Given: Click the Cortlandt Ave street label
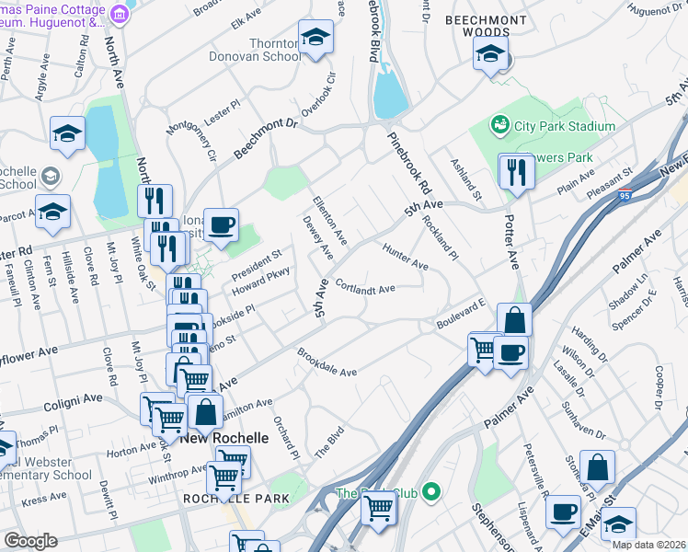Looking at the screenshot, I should coord(365,288).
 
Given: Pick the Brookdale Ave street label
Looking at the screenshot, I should coord(327,364).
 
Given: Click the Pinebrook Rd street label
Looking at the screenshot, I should coord(410,167).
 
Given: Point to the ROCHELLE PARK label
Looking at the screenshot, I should coord(235,499).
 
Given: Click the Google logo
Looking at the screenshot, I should coord(30,541).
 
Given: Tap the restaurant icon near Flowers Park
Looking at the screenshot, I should coord(516,171).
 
